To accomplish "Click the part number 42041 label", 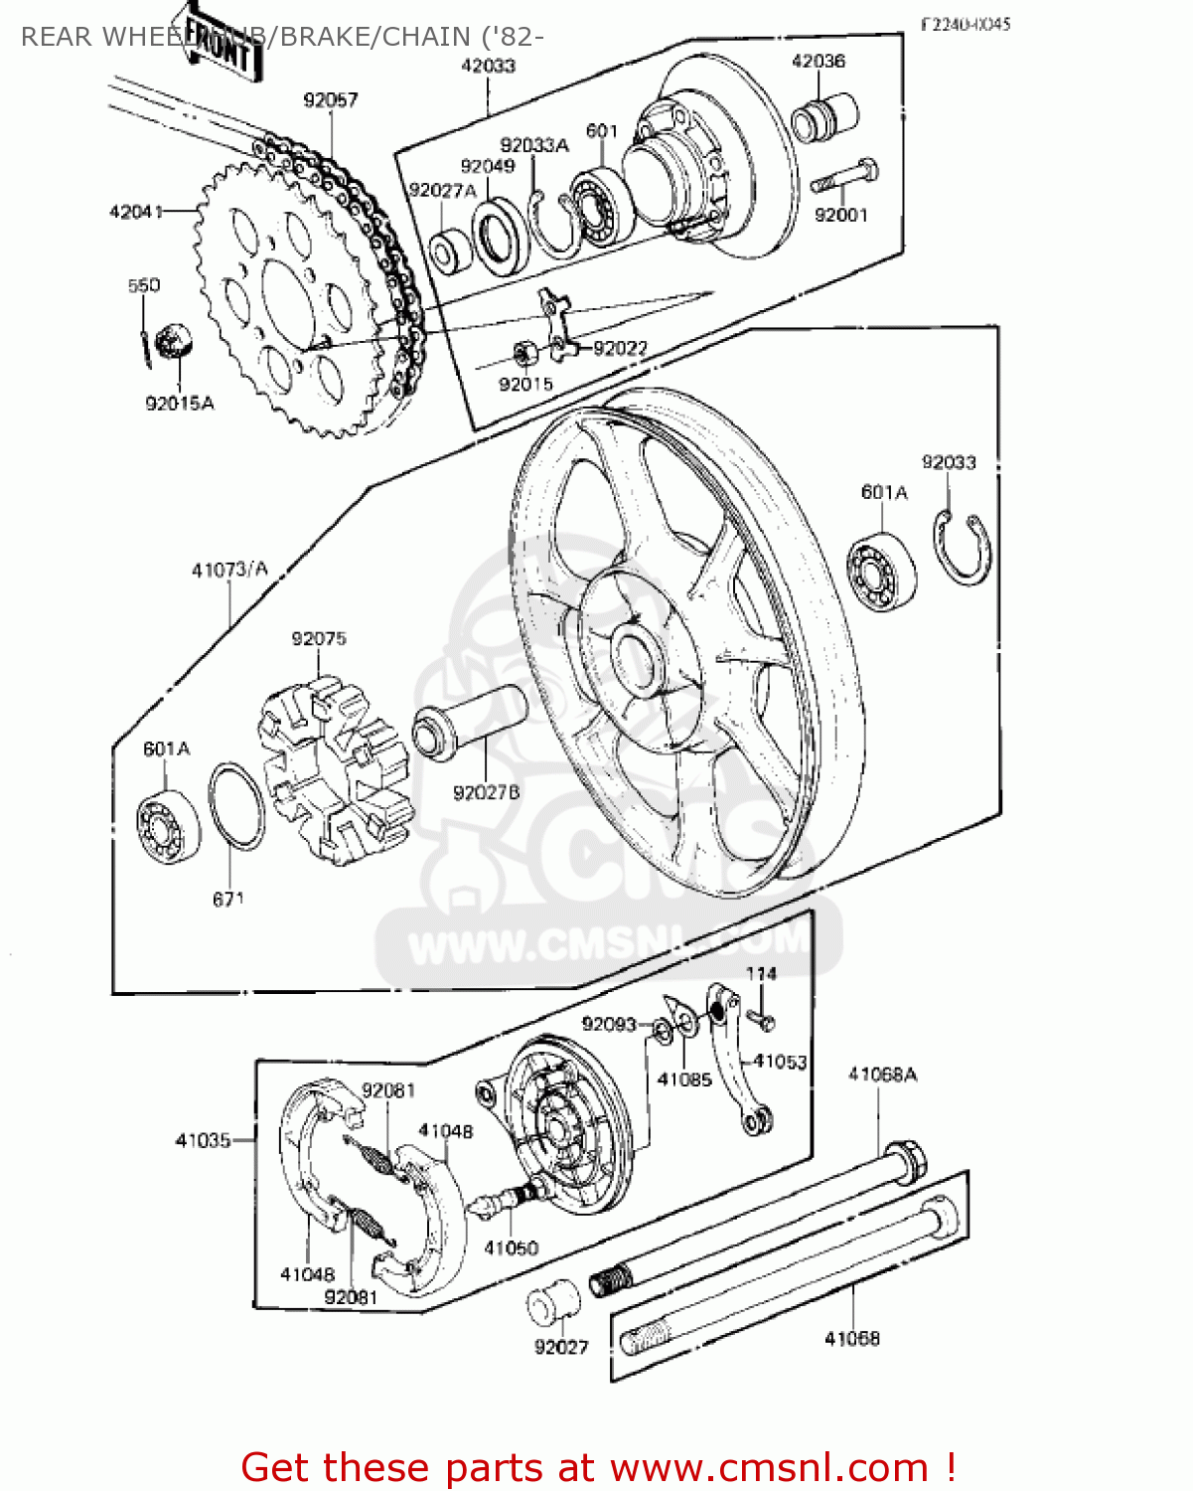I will point(135,212).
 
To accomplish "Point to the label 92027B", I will point(486,792).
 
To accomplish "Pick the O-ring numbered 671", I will point(236,806).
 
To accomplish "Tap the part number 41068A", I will point(882,1074).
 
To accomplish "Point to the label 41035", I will point(203,1140).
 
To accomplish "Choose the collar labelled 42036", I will point(825,114).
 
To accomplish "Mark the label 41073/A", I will point(229,570).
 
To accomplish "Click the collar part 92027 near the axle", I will point(552,1303).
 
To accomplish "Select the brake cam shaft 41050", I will point(507,1200).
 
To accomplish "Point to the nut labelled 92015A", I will point(175,342).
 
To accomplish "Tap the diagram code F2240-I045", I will point(965,24).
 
